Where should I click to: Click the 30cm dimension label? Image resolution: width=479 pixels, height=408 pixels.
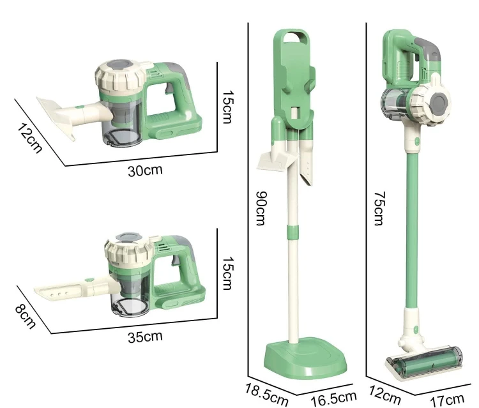[145, 170]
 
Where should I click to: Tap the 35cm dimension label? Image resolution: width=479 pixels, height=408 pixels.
[145, 337]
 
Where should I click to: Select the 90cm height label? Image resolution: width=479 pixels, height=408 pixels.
[261, 208]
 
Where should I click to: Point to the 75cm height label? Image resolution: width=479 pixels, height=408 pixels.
[379, 208]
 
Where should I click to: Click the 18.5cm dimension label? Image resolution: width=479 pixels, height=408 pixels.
[267, 394]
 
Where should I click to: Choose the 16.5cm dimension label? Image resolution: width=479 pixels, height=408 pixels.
[333, 398]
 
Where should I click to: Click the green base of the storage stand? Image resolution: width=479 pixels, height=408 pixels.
[305, 358]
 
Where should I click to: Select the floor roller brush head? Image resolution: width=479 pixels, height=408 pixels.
[424, 363]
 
